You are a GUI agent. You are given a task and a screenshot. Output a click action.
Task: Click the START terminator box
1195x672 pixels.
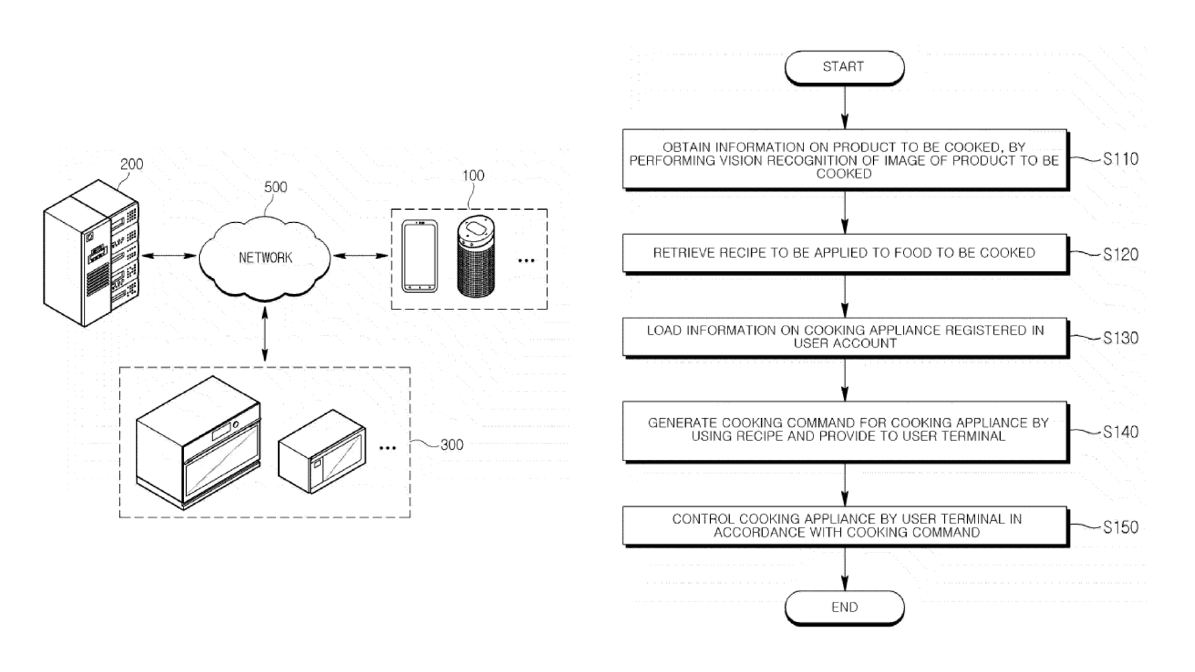click(x=844, y=67)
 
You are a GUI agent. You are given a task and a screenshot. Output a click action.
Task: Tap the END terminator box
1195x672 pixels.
click(x=844, y=607)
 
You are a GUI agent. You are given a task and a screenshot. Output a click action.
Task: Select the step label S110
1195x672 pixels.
click(x=1120, y=159)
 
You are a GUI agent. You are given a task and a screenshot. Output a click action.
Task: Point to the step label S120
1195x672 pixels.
click(x=1120, y=254)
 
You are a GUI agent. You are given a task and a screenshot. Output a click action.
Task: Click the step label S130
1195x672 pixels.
click(x=1120, y=338)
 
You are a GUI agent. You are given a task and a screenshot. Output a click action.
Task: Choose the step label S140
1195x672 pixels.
click(x=1120, y=432)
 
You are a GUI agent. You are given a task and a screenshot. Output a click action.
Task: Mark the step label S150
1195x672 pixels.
click(x=1120, y=527)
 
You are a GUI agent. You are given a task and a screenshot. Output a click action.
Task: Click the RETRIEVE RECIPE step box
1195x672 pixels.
click(x=844, y=253)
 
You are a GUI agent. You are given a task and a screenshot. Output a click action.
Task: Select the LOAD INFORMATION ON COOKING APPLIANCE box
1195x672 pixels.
click(x=844, y=337)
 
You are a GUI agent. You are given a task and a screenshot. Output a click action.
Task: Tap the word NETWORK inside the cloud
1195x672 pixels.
click(x=265, y=258)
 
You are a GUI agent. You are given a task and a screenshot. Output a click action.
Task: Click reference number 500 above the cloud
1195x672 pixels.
click(x=276, y=187)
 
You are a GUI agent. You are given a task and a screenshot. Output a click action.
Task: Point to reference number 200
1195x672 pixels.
click(x=131, y=164)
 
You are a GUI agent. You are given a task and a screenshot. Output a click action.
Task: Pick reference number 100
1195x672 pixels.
click(x=473, y=176)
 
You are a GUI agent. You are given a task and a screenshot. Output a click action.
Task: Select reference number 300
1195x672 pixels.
click(x=452, y=445)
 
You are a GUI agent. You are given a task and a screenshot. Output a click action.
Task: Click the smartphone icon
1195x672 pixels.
click(x=419, y=256)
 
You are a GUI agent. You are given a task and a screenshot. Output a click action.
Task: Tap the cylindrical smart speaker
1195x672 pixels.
click(x=476, y=256)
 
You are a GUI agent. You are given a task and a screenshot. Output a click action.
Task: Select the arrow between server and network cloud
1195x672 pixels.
click(x=169, y=256)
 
